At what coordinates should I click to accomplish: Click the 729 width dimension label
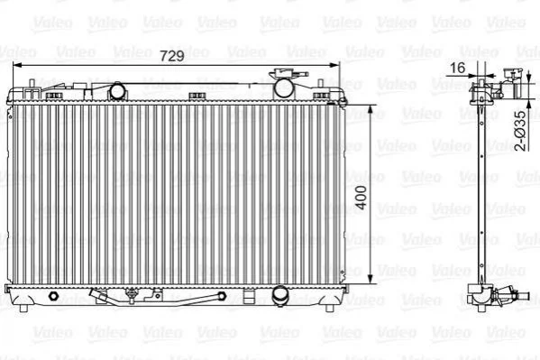(172, 56)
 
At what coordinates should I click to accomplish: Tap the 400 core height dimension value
(361, 198)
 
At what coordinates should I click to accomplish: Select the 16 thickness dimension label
(457, 68)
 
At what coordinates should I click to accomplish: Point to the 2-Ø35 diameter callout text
(521, 131)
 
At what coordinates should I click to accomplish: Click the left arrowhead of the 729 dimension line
(16, 65)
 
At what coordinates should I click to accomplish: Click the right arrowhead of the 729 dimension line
(334, 65)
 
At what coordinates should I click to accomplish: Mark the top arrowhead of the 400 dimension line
(371, 110)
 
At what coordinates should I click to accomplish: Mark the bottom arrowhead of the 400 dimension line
(371, 280)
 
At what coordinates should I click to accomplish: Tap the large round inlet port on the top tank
(283, 88)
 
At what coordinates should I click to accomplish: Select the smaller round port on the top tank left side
(117, 91)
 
